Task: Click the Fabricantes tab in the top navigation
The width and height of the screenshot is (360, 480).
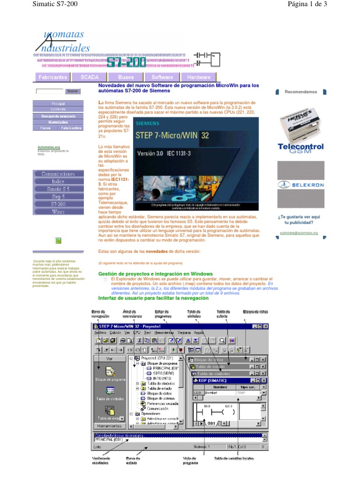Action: point(52,77)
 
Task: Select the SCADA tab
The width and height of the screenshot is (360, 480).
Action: point(89,77)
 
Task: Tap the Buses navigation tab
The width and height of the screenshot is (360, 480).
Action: point(126,77)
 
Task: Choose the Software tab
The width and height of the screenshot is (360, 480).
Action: point(162,77)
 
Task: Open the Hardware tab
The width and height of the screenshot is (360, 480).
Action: point(199,77)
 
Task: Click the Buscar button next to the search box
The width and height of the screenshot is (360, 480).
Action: point(72,91)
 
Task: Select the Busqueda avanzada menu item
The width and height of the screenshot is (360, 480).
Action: point(58,115)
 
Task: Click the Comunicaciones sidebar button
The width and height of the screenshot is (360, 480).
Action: point(58,173)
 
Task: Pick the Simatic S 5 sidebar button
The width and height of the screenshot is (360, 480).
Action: point(58,189)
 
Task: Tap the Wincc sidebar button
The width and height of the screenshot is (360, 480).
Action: point(58,211)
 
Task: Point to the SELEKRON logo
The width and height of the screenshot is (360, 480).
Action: point(300,185)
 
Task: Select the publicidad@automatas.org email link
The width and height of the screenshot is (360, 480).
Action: point(299,232)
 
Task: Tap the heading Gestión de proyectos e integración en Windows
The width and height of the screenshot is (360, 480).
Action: point(155,274)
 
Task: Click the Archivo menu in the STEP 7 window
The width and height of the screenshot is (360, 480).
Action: point(100,332)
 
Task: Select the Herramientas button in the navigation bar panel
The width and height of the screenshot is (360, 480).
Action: point(109,426)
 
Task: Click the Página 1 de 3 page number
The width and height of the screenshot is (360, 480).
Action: point(310,4)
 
